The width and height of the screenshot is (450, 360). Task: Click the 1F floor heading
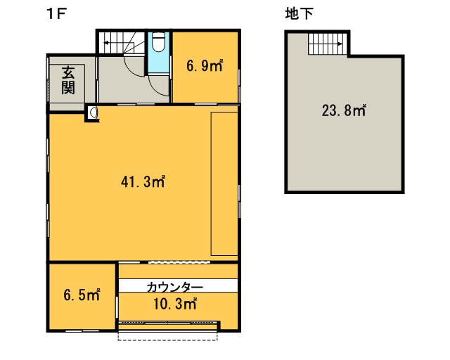(x=56, y=14)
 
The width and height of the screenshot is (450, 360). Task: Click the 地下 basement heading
(x=300, y=14)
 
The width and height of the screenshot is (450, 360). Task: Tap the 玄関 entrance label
(x=68, y=80)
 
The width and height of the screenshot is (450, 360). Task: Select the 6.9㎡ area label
(x=205, y=65)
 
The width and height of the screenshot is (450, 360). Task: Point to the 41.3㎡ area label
(x=143, y=181)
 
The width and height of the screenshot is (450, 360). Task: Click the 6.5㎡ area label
(x=82, y=295)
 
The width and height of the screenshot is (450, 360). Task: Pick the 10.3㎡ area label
(x=175, y=304)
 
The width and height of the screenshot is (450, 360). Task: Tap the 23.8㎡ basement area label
(x=344, y=110)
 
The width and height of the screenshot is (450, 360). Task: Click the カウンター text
(x=175, y=287)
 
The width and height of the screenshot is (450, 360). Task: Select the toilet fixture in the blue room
(x=158, y=42)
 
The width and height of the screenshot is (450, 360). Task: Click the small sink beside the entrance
(x=93, y=112)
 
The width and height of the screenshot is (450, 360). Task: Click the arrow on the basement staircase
(x=332, y=44)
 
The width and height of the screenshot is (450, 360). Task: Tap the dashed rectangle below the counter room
(x=167, y=337)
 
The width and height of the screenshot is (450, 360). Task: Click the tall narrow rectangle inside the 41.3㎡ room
(x=224, y=184)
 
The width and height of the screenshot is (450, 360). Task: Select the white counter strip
(x=178, y=285)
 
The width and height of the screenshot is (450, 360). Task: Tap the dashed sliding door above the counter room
(x=179, y=262)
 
